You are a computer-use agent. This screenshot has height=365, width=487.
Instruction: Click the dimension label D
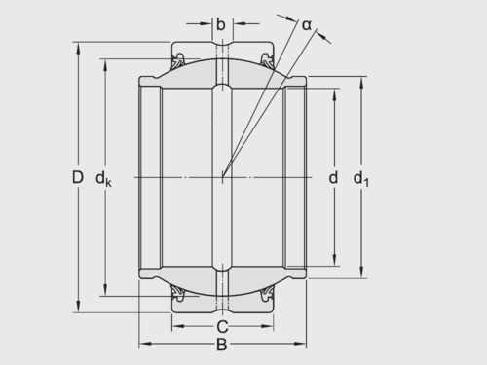78,177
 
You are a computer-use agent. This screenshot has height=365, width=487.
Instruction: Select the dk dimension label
103,179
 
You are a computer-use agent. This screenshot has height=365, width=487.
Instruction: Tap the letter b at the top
221,24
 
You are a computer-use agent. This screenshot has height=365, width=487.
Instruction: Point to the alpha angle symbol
307,25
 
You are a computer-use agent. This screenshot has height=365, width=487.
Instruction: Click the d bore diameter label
333,178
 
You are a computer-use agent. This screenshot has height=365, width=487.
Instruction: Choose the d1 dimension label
361,179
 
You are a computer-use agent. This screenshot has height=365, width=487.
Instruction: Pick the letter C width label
222,327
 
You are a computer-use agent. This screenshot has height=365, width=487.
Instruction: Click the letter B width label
222,345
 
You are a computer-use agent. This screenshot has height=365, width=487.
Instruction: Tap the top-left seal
177,61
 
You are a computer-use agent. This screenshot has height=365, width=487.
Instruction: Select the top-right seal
267,61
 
